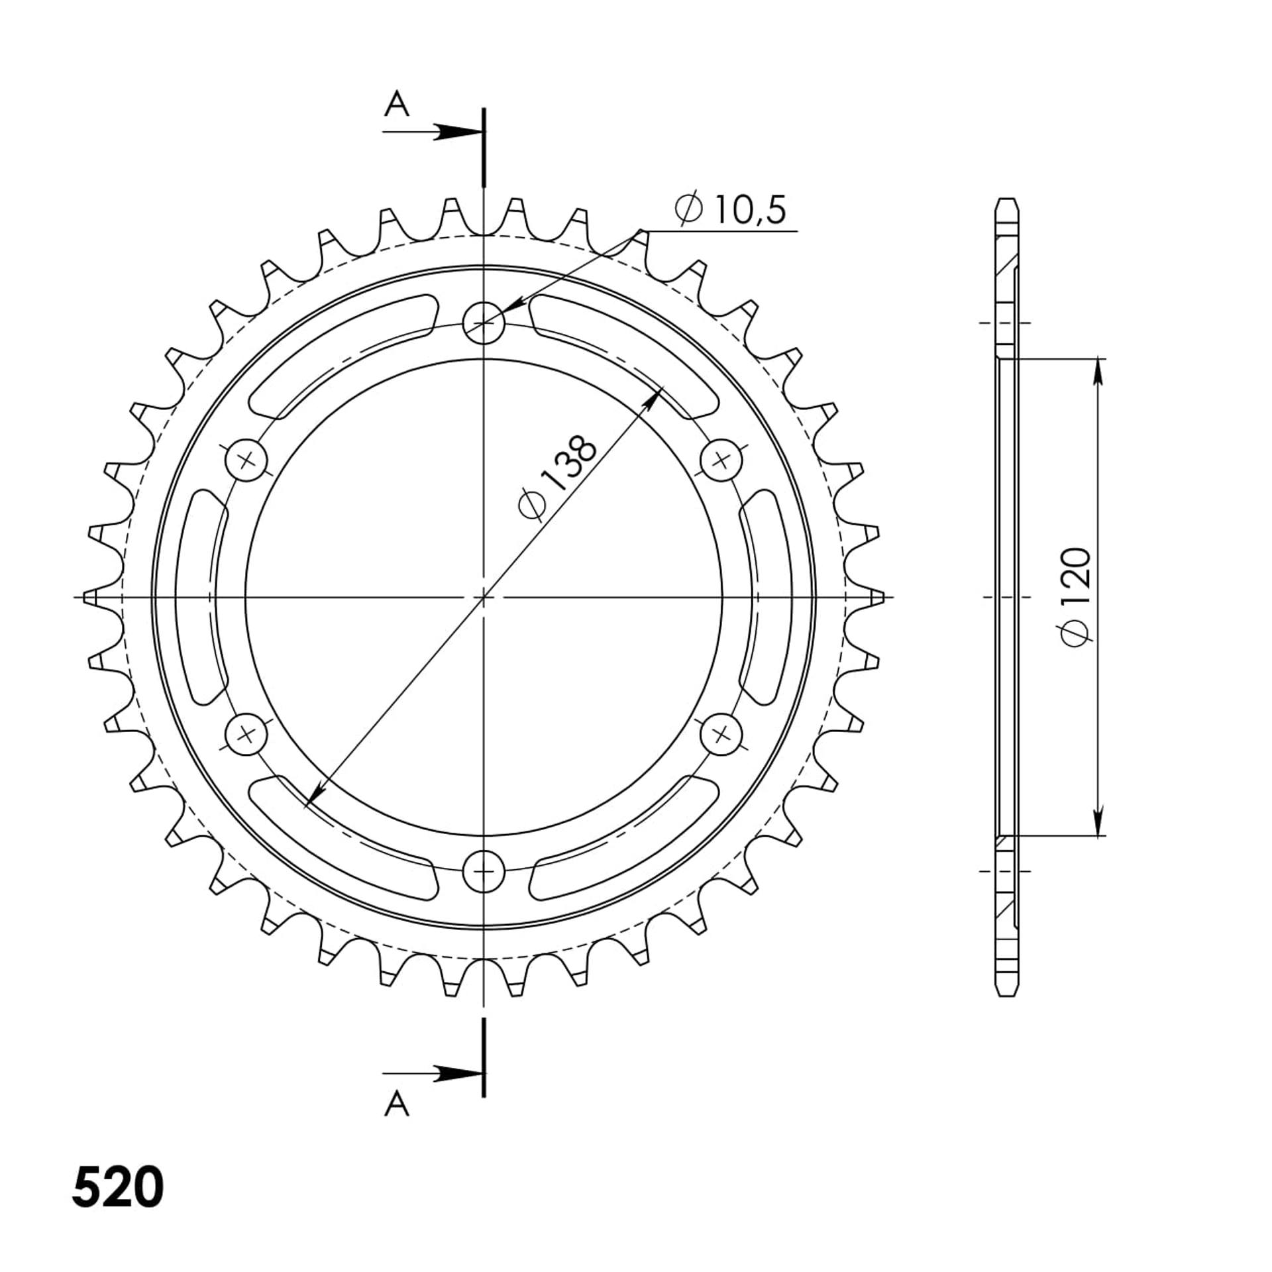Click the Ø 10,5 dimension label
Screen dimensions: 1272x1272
730,210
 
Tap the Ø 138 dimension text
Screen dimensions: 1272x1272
558,477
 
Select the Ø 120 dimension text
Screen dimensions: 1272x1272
1075,597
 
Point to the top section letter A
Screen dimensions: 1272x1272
396,104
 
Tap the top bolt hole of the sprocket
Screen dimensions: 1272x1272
484,323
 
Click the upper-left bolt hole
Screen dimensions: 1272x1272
246,459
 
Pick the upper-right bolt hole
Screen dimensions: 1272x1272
721,459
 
